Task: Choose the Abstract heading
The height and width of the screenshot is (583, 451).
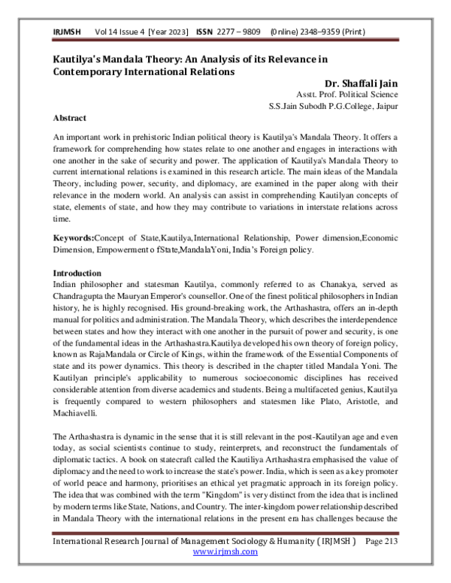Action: point(70,118)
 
